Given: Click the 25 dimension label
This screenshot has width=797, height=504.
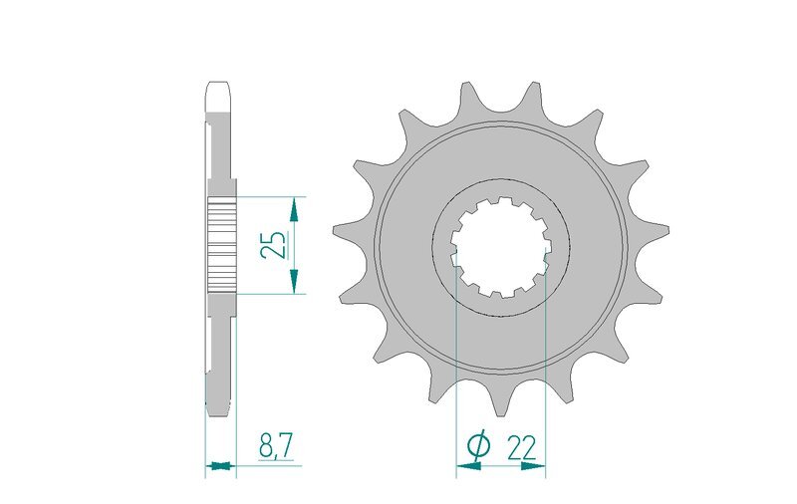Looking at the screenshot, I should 276,244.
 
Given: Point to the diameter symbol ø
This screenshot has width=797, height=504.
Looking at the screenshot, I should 477,447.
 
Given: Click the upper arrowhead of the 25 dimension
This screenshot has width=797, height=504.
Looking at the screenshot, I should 293,207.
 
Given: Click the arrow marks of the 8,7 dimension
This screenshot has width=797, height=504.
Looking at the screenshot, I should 221,464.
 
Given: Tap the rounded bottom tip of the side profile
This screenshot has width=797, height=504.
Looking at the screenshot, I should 220,409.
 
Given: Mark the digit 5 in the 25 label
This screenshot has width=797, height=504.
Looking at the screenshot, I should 276,235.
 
